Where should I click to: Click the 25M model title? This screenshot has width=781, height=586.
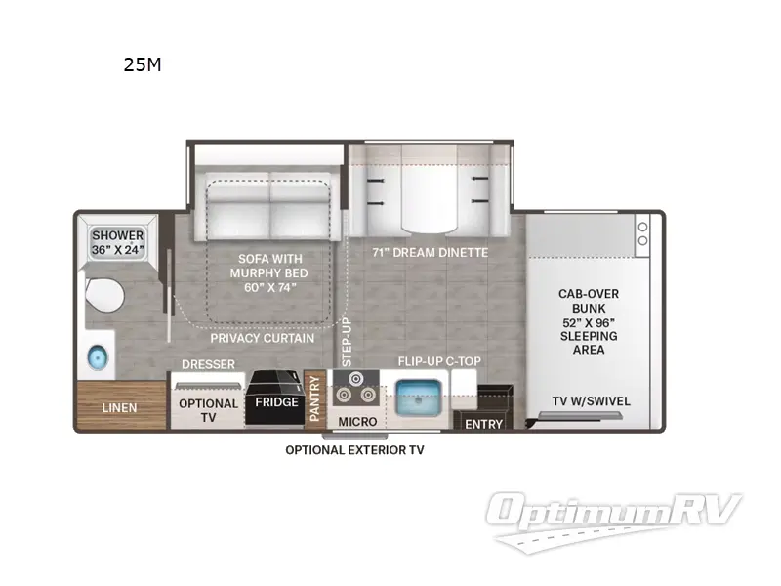[143, 65]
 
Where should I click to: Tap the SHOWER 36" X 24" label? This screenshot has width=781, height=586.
[118, 242]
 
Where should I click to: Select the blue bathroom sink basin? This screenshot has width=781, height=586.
[97, 356]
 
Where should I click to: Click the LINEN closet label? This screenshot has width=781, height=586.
[119, 407]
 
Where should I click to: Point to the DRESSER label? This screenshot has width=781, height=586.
[209, 364]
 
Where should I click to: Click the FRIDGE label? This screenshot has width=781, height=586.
[276, 402]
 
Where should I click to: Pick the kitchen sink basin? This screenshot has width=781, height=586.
[423, 395]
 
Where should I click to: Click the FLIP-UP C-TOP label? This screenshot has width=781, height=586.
[438, 361]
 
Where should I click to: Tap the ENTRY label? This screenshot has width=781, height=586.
[483, 424]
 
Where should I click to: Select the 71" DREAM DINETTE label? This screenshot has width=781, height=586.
[430, 252]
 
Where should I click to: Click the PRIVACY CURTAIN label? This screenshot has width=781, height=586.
[263, 338]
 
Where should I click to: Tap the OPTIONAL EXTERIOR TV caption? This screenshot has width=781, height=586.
[354, 450]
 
